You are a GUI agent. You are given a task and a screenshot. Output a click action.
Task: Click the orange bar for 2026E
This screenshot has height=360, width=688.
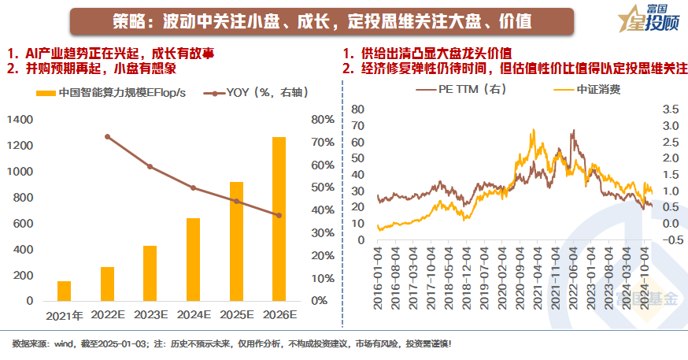tap(279, 219)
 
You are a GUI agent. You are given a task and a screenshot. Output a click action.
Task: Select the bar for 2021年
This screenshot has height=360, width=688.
tap(65, 291)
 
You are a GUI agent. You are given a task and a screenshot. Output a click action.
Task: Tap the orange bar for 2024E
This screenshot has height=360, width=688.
tap(193, 259)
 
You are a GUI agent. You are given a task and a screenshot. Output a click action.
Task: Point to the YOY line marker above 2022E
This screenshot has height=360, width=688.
tap(107, 136)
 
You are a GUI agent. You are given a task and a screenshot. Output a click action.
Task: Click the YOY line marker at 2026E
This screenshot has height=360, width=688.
tap(279, 215)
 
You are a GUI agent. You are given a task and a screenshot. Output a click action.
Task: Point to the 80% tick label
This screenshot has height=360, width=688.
tap(323, 120)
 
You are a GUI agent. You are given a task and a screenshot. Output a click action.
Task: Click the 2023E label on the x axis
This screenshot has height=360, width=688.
tap(150, 315)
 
